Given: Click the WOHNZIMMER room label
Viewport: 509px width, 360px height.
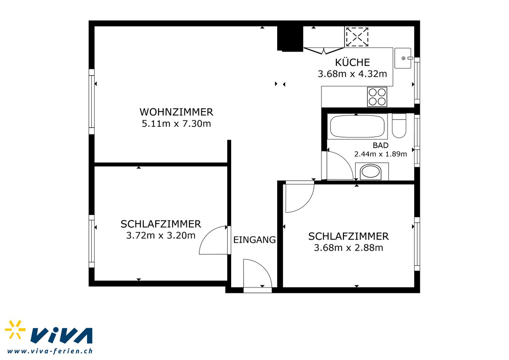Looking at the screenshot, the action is coord(176,112).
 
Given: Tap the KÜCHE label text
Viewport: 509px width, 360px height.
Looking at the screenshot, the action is coord(352,62).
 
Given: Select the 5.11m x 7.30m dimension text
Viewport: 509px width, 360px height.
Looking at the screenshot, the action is coord(176,124).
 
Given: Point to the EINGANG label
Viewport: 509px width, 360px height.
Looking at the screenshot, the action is coord(255,240).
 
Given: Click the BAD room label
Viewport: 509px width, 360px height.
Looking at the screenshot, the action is coord(381,145).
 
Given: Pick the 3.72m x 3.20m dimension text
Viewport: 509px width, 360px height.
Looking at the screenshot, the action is coord(160,236).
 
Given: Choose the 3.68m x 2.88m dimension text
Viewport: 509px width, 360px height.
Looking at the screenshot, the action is coord(349,248).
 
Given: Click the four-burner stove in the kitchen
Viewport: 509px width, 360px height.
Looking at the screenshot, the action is coord(377,97).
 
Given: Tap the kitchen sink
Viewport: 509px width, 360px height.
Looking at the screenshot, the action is coord(403,58).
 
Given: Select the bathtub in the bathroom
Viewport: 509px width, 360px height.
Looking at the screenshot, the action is coord(357,126).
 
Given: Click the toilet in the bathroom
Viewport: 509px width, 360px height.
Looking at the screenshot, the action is coord(399,126).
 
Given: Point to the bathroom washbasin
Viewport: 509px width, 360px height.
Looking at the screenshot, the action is coord(372,172).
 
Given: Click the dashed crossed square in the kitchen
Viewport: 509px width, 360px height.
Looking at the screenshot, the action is coord(357,36).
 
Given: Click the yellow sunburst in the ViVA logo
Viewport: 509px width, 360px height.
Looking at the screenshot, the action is coord(15,330).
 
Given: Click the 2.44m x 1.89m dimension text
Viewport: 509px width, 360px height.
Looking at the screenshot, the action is coord(381,154).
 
